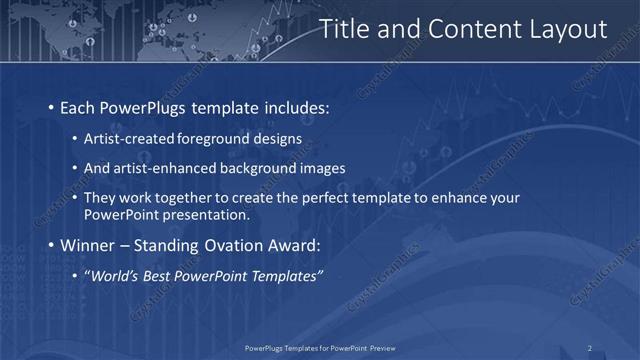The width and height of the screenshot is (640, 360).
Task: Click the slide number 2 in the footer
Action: pyautogui.click(x=590, y=348)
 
